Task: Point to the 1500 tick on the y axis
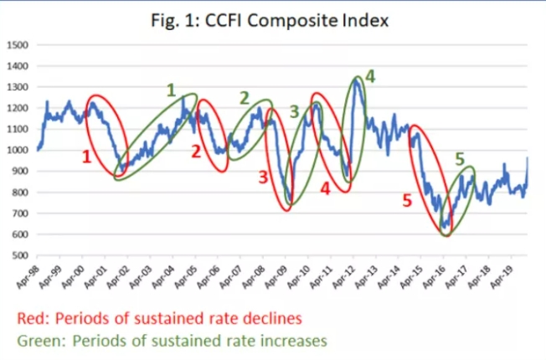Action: pos(18,44)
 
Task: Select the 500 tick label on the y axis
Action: pos(20,255)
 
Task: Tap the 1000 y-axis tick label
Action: pos(18,150)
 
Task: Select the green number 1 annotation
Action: pos(171,89)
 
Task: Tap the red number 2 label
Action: pos(195,152)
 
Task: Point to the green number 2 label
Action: pos(244,98)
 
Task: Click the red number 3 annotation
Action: pos(263,177)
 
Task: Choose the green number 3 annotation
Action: pos(294,111)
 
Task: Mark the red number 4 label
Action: pos(324,189)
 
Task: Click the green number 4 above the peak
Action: pos(369,77)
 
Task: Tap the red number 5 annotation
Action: pos(407,201)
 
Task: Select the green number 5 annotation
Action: pos(460,157)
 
